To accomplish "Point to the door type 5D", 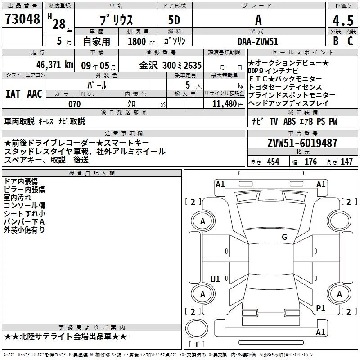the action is click(x=174, y=21).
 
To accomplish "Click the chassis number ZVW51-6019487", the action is click(x=302, y=143).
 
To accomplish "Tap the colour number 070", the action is click(x=74, y=104).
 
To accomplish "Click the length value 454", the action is click(x=273, y=162).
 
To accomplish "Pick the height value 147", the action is click(x=346, y=162).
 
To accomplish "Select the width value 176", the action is click(x=310, y=162).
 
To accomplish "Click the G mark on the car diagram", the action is click(x=284, y=237).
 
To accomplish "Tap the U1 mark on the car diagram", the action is click(x=215, y=279).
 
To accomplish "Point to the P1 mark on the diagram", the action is click(x=321, y=308).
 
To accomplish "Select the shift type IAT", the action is click(x=13, y=94).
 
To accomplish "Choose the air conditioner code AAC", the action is click(x=35, y=94).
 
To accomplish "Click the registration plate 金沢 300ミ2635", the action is click(x=171, y=64).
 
